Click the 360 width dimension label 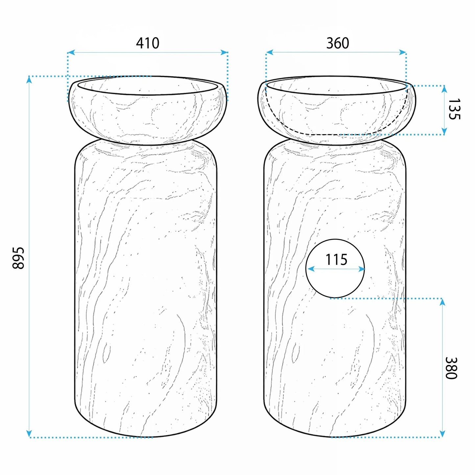pyautogui.click(x=338, y=43)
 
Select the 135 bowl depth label pyautogui.click(x=454, y=109)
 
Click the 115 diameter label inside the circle pyautogui.click(x=336, y=259)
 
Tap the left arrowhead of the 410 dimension pyautogui.click(x=71, y=52)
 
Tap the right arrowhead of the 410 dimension pyautogui.click(x=224, y=52)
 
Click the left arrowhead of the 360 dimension pyautogui.click(x=270, y=52)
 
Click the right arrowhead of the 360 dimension pyautogui.click(x=403, y=52)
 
